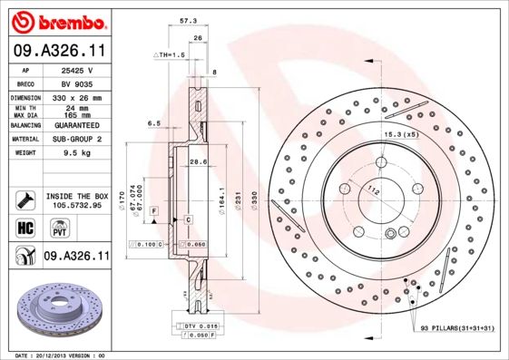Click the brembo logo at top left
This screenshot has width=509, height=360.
(x=55, y=21)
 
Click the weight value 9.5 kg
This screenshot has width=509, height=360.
(x=71, y=153)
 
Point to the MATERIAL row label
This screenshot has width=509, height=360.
(x=24, y=140)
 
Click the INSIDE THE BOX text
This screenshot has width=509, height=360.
(x=76, y=196)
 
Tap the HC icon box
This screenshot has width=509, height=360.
(x=24, y=227)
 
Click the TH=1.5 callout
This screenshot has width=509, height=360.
(x=169, y=55)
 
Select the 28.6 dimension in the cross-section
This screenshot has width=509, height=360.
(x=198, y=161)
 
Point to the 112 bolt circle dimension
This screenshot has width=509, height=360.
(x=372, y=190)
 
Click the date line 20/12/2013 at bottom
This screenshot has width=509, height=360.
(x=62, y=355)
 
